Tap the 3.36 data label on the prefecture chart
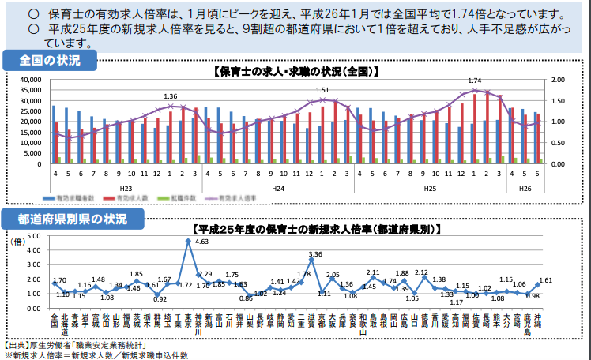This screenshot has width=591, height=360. tap(316, 255)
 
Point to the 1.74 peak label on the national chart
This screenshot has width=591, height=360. tap(475, 81)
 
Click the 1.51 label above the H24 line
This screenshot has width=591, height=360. tap(322, 91)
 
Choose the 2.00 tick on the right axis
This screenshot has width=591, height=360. tap(558, 80)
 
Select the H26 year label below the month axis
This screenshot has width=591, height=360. tap(526, 188)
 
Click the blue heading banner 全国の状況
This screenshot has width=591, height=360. tap(50, 61)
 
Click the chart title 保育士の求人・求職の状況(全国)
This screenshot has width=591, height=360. tap(296, 71)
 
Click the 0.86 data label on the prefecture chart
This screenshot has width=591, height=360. tap(247, 298)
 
